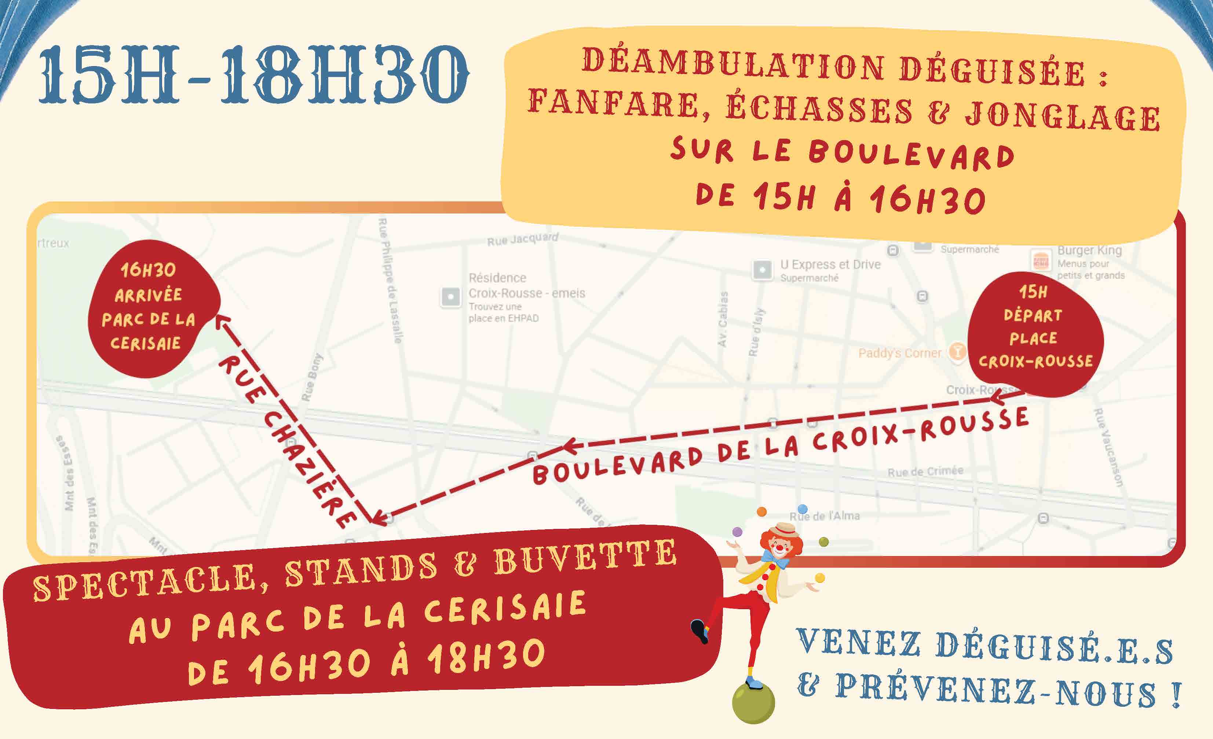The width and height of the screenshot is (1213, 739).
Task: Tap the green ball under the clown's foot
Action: (753, 703)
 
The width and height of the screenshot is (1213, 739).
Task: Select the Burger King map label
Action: (1089, 250)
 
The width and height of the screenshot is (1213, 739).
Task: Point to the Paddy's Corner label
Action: (899, 353)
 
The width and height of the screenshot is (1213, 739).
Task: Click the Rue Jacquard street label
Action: (522, 239)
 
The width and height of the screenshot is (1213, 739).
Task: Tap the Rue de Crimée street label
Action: (925, 471)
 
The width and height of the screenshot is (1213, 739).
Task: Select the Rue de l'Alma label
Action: (825, 516)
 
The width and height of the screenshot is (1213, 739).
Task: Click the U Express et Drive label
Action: (830, 264)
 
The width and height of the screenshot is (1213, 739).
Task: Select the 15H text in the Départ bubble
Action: (1033, 292)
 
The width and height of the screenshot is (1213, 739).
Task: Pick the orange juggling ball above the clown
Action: (761, 512)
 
